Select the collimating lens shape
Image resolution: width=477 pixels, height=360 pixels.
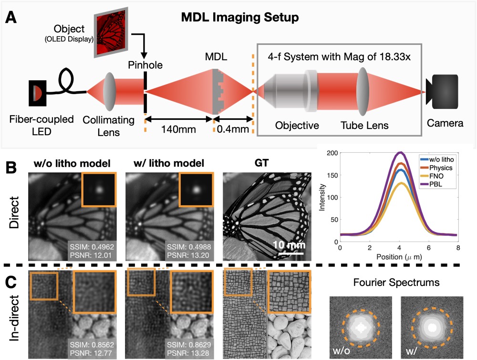(x=110, y=91)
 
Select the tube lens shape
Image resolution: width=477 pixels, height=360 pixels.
(x=363, y=91)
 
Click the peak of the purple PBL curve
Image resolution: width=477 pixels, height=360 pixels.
(x=401, y=153)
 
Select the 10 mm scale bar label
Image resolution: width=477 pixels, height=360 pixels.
(x=288, y=245)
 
